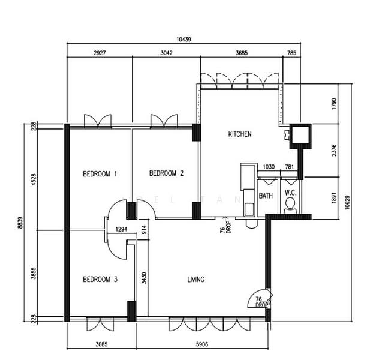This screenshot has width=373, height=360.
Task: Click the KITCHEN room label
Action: (x=240, y=134)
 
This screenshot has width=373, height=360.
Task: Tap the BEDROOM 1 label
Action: (x=100, y=174)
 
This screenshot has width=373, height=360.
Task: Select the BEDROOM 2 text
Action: (x=166, y=173)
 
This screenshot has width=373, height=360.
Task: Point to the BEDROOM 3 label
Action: (x=100, y=279)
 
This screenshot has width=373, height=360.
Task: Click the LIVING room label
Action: (x=196, y=280)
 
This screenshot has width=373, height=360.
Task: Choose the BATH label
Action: (x=266, y=196)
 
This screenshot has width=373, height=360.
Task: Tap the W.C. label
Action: (x=291, y=193)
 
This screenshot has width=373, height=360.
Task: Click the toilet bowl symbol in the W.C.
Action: (x=290, y=206)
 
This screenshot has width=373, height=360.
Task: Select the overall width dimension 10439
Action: (x=184, y=39)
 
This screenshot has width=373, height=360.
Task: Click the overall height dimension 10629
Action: (x=348, y=202)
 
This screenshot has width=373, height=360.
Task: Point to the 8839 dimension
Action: (x=20, y=223)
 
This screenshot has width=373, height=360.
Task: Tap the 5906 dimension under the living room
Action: (x=202, y=344)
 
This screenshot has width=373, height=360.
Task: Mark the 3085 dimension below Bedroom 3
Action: (x=101, y=344)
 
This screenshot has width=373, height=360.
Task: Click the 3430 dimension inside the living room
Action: (x=144, y=278)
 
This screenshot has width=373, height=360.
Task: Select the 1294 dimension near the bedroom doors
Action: (x=121, y=229)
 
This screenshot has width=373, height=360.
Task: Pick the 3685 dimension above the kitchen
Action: (x=242, y=53)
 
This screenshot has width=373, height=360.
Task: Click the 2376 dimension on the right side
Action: (x=334, y=151)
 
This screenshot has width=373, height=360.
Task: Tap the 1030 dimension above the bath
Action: (x=269, y=167)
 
